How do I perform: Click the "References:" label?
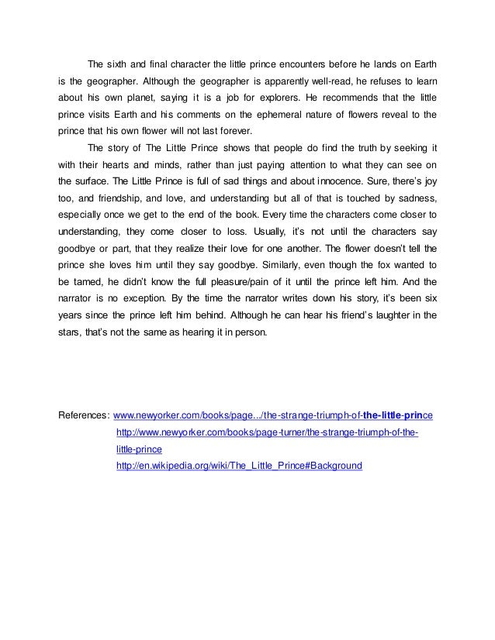[x=85, y=416]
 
